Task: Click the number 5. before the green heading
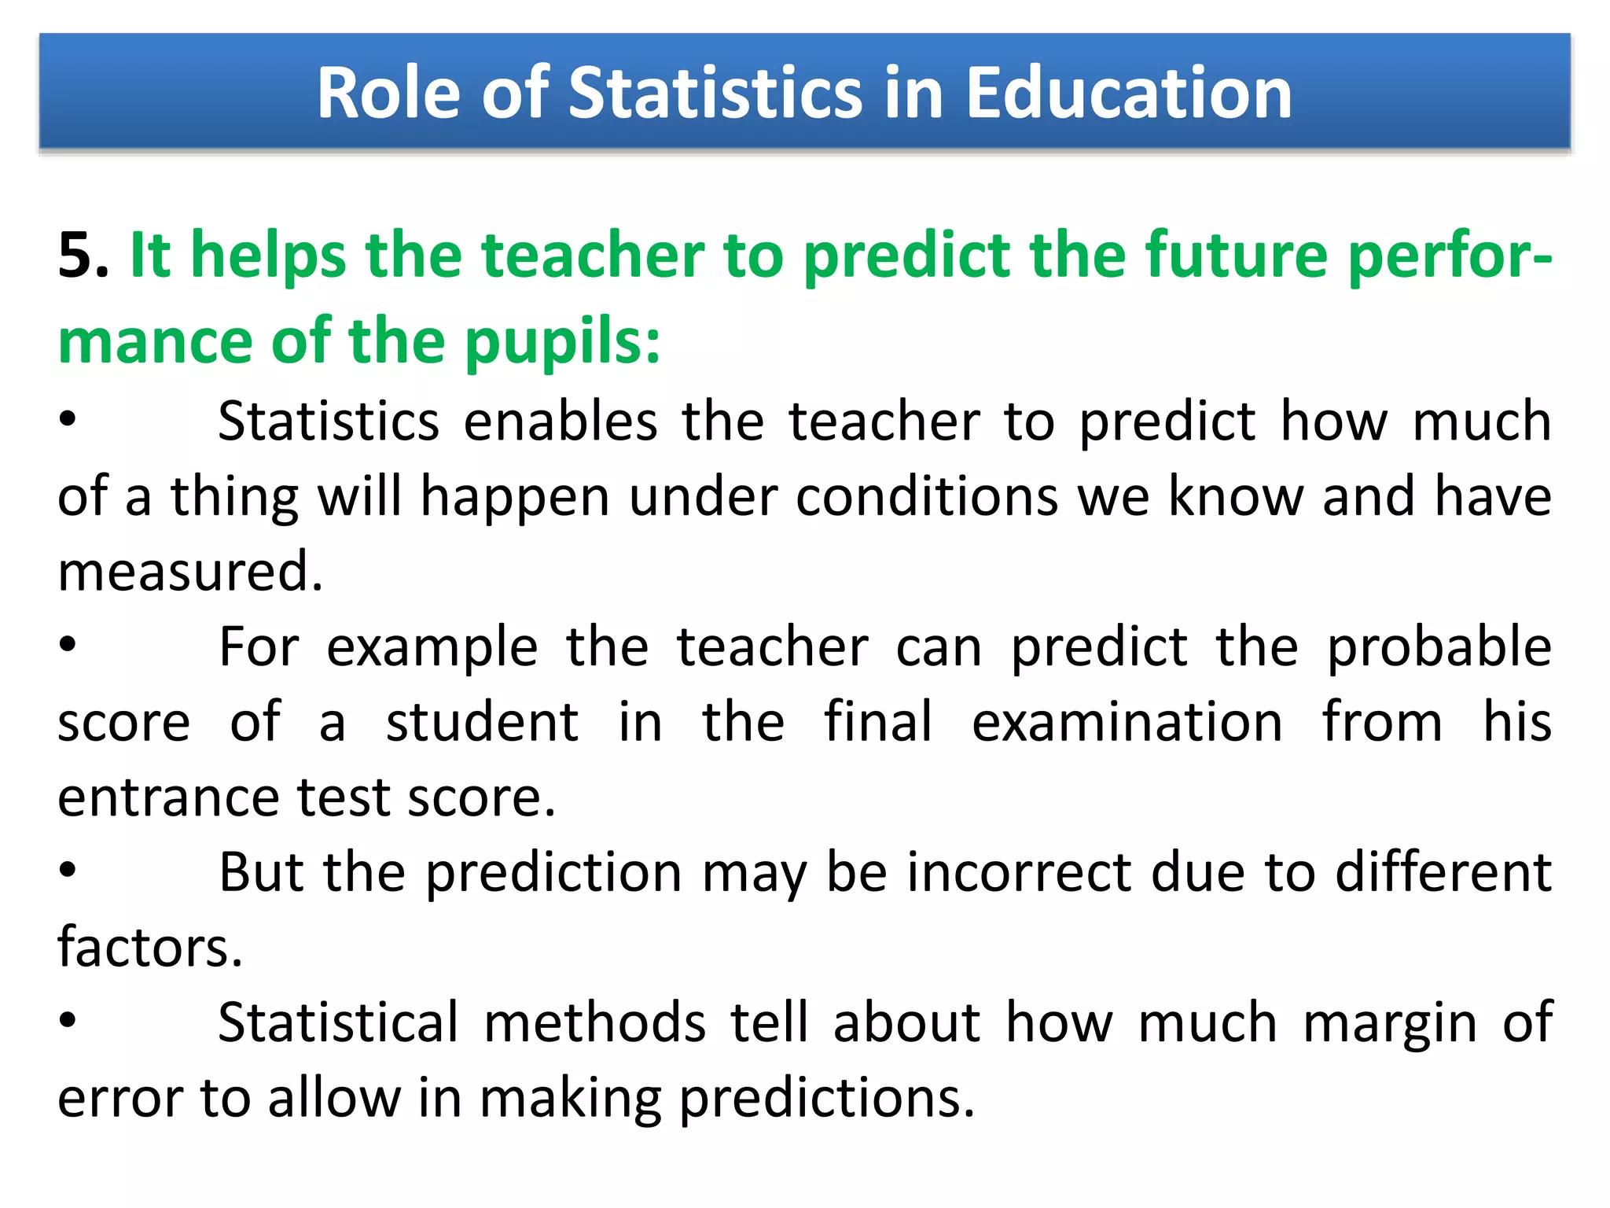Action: [x=83, y=256]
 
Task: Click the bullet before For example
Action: [x=68, y=645]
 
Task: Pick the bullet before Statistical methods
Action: [x=68, y=1020]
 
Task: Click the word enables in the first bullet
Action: [x=560, y=422]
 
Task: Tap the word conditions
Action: [x=926, y=497]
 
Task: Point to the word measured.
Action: [x=190, y=572]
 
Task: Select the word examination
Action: [x=1127, y=723]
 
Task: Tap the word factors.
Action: [x=150, y=948]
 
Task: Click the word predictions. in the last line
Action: [x=826, y=1099]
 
